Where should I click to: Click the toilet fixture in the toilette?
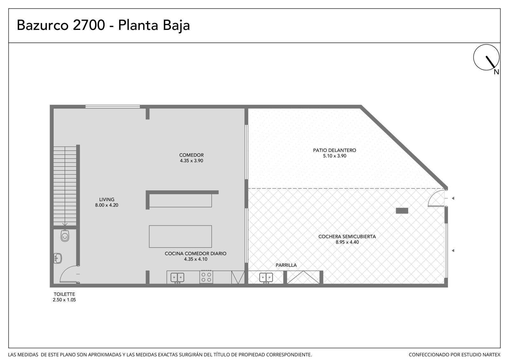click(x=65, y=236)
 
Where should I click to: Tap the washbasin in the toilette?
click(x=58, y=258)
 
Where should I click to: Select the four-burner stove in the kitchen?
click(x=206, y=277)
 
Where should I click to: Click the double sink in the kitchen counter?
click(x=177, y=278)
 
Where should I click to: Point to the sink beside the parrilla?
click(x=266, y=278)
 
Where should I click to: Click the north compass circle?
click(x=486, y=57)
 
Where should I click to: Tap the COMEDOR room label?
click(x=191, y=155)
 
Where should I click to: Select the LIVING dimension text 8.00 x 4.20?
click(x=107, y=205)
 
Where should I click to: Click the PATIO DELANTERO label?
click(x=334, y=150)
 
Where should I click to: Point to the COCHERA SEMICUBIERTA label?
click(x=347, y=236)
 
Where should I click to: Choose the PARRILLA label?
click(x=286, y=265)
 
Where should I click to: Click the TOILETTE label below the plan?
click(x=64, y=294)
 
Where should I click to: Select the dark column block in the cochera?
click(x=402, y=211)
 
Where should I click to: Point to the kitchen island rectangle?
click(x=180, y=236)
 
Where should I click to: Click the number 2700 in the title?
click(x=89, y=25)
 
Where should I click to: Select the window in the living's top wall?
click(x=113, y=106)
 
